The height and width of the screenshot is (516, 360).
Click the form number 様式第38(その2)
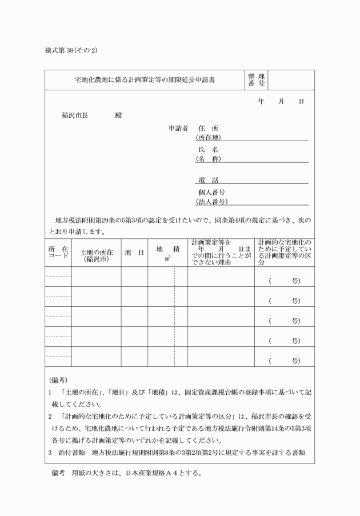pyautogui.click(x=71, y=50)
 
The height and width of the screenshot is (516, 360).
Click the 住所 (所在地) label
pyautogui.click(x=208, y=133)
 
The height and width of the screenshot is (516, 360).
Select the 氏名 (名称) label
pyautogui.click(x=208, y=154)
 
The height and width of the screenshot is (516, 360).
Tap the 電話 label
pyautogui.click(x=209, y=180)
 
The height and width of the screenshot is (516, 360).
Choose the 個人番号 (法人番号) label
pyautogui.click(x=211, y=197)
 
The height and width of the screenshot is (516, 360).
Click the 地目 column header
pyautogui.click(x=134, y=252)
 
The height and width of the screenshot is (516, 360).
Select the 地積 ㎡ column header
pyautogui.click(x=168, y=253)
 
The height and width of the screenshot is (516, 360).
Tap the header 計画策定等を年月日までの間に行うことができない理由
pyautogui.click(x=221, y=252)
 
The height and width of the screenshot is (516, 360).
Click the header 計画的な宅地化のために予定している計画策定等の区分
pyautogui.click(x=284, y=252)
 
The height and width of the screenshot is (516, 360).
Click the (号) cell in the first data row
pyautogui.click(x=284, y=281)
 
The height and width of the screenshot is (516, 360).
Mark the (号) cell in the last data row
pyautogui.click(x=284, y=361)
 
